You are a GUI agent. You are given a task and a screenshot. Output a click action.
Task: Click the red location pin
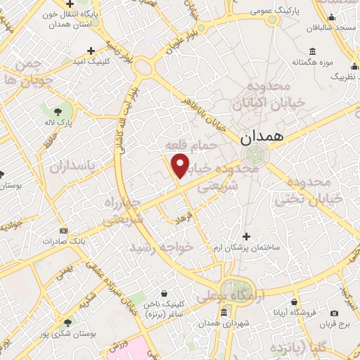tap(181, 166)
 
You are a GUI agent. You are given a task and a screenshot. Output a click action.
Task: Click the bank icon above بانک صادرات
tap(64, 230)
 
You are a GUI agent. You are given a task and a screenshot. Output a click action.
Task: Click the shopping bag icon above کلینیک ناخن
tap(164, 293)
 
